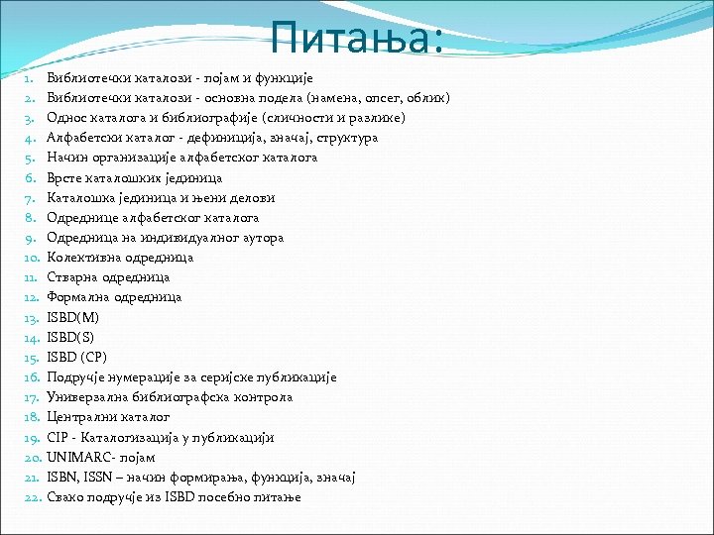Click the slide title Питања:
[357, 40]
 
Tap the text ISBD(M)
[73, 318]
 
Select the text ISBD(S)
[72, 338]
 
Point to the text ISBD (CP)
[76, 358]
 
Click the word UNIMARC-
[79, 458]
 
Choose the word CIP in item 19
[58, 438]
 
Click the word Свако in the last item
[66, 497]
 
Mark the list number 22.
[30, 497]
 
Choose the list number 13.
[30, 318]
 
